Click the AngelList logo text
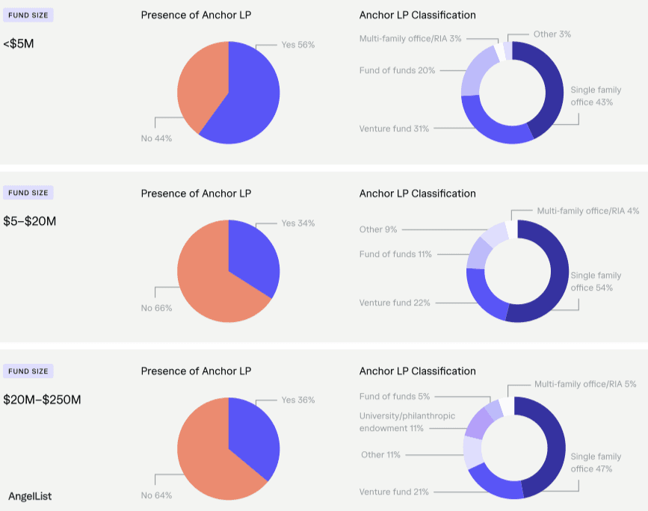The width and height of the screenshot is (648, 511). click(x=30, y=496)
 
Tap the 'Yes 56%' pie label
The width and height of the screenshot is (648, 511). click(x=297, y=45)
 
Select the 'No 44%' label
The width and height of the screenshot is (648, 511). click(x=156, y=138)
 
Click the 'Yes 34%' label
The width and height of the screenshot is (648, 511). click(x=297, y=223)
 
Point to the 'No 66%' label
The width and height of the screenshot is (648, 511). click(x=156, y=308)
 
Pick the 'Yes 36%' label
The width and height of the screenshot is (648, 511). click(x=297, y=400)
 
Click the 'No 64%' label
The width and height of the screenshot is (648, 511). click(x=156, y=495)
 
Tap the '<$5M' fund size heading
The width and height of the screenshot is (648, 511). click(x=19, y=43)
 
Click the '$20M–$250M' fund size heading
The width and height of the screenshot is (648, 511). click(x=42, y=400)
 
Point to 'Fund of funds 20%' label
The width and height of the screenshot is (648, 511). click(x=398, y=70)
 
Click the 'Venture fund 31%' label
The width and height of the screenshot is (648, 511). click(x=394, y=128)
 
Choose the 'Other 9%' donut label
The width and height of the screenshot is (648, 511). click(x=378, y=229)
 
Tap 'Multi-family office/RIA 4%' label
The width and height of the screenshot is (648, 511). click(x=587, y=211)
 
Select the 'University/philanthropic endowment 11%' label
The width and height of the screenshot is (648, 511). click(x=407, y=422)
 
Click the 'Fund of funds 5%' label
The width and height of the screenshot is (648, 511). click(x=395, y=397)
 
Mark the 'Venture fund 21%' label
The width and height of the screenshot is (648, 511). click(x=394, y=492)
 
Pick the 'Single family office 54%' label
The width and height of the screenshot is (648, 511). click(x=596, y=282)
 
